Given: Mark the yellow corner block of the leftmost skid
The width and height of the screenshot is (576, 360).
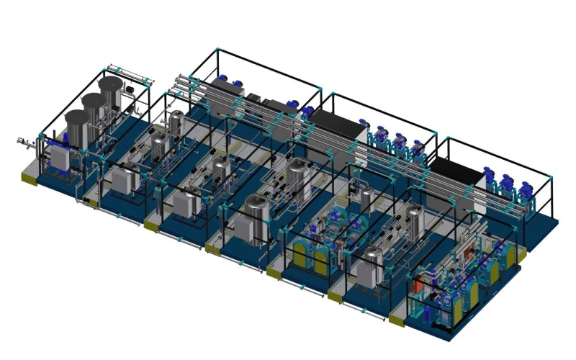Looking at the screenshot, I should pos(30,174).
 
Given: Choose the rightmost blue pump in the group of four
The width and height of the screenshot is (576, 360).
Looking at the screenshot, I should pos(417,145).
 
